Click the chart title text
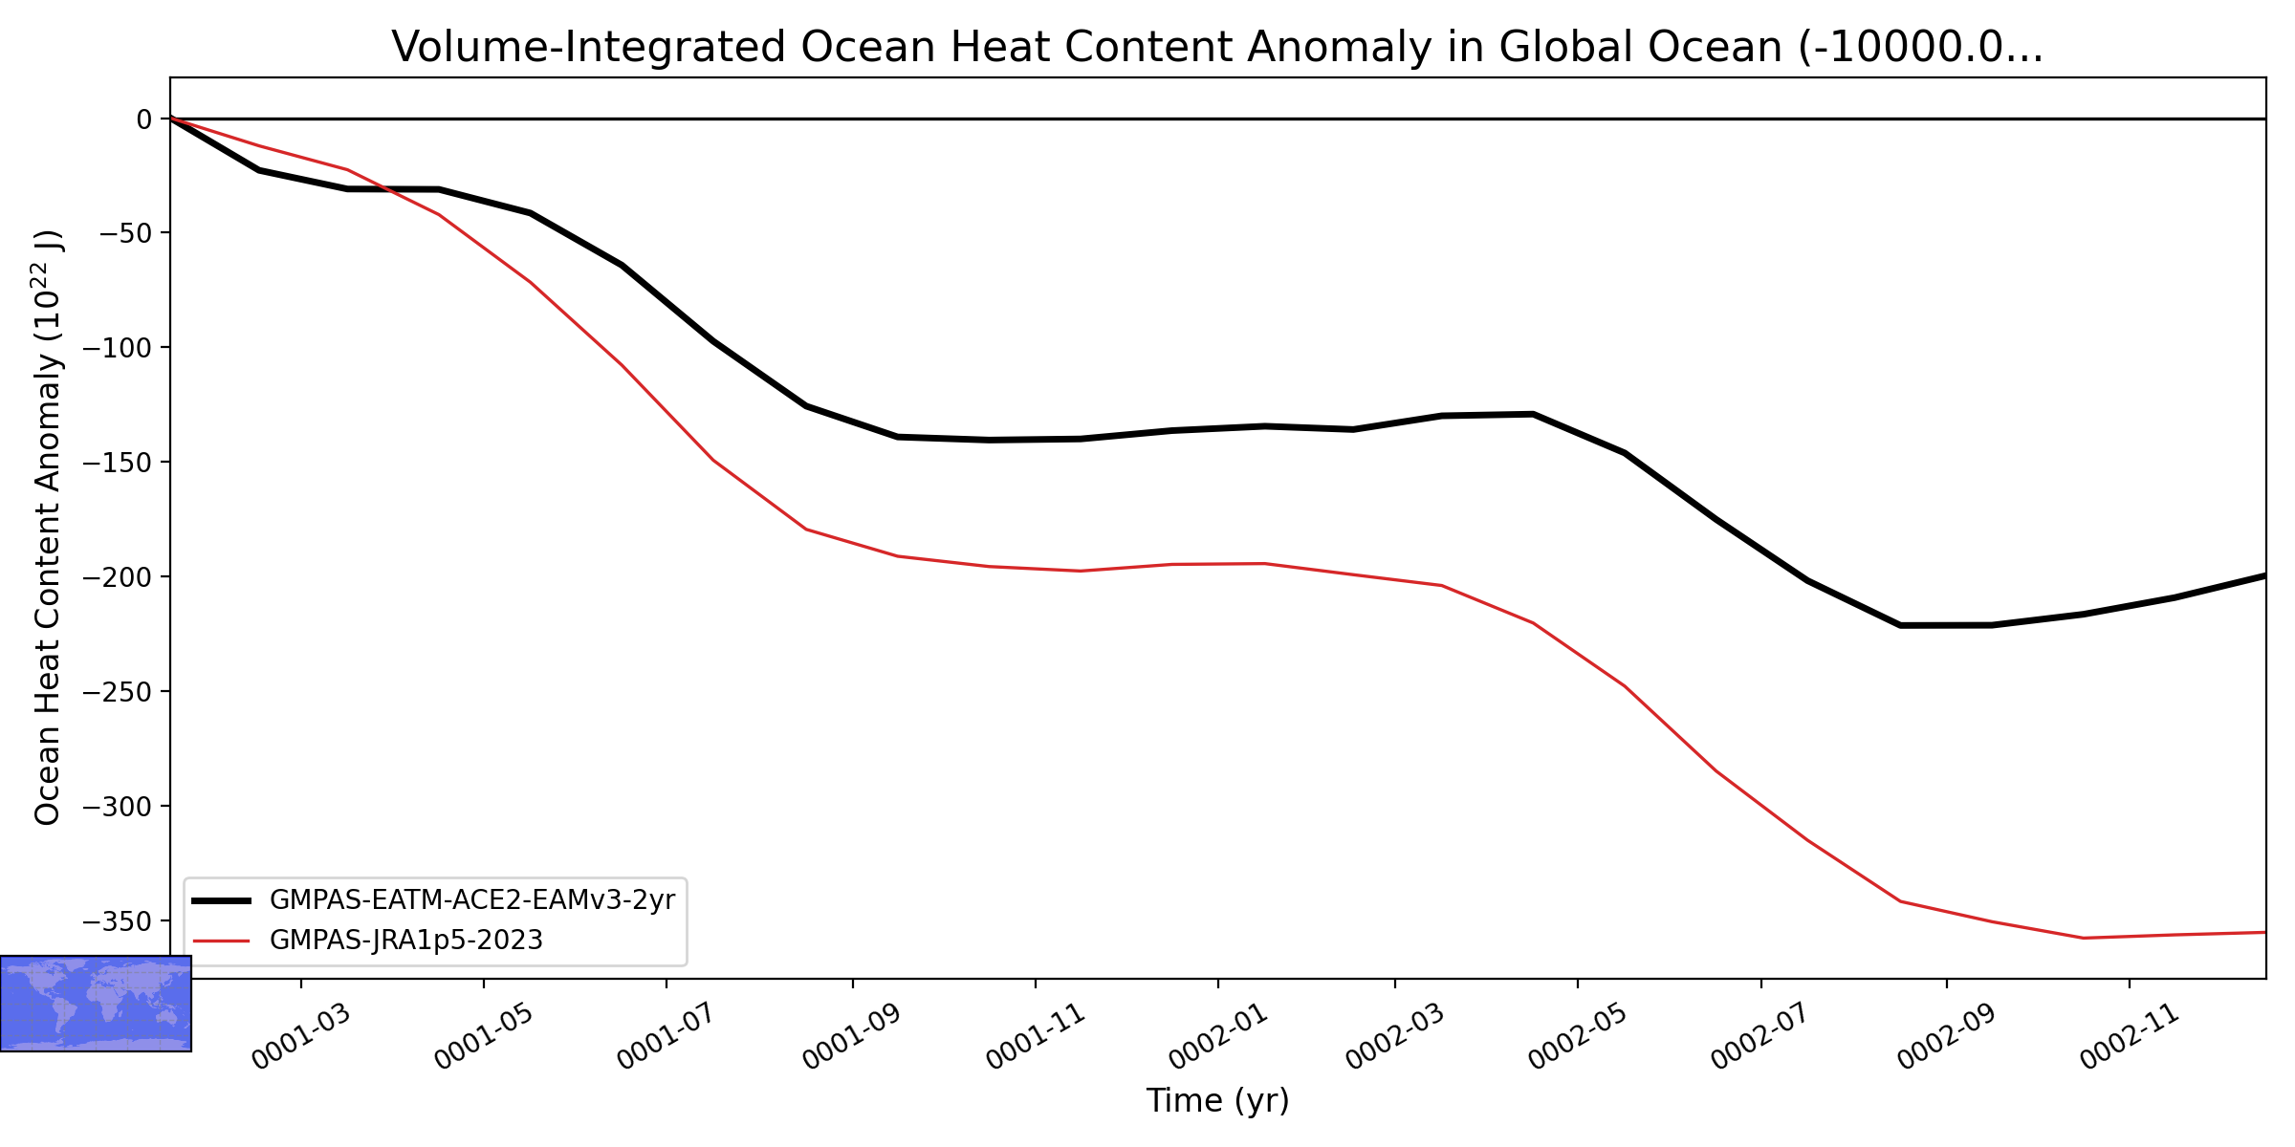tap(1217, 47)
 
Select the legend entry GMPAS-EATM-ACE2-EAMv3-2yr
tap(472, 900)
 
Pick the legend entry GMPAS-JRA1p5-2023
tap(406, 941)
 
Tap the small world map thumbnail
tap(96, 1004)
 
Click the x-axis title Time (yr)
tap(1217, 1100)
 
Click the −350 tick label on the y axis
tap(118, 921)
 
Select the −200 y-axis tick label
tap(118, 577)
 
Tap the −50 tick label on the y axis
tap(124, 233)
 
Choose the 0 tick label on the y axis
tap(144, 119)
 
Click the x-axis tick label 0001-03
tap(301, 1038)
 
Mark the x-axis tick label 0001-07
tap(667, 1038)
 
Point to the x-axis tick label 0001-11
tap(1036, 1038)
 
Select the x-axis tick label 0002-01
tap(1218, 1038)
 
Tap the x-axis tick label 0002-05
tap(1578, 1038)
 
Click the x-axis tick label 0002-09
tap(1947, 1038)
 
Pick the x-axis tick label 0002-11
tap(2130, 1038)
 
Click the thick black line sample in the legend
tap(221, 900)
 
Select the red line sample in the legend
tap(221, 941)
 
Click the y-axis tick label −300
tap(118, 807)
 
